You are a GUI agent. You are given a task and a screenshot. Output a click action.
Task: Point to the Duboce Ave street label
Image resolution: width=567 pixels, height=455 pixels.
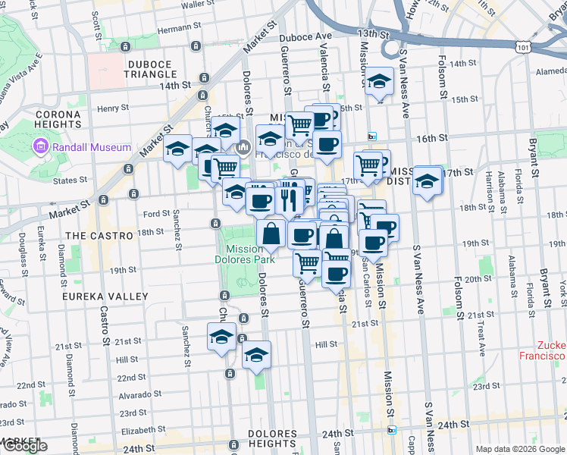(306, 36)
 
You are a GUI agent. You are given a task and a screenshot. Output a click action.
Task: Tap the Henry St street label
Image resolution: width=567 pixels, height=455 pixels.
(114, 108)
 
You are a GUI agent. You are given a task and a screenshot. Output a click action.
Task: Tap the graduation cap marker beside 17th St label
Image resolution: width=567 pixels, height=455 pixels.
(428, 180)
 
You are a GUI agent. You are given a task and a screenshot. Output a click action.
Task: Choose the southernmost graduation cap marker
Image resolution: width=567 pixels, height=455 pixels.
(257, 353)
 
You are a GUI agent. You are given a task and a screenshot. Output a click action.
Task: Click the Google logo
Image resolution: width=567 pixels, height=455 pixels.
(25, 445)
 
